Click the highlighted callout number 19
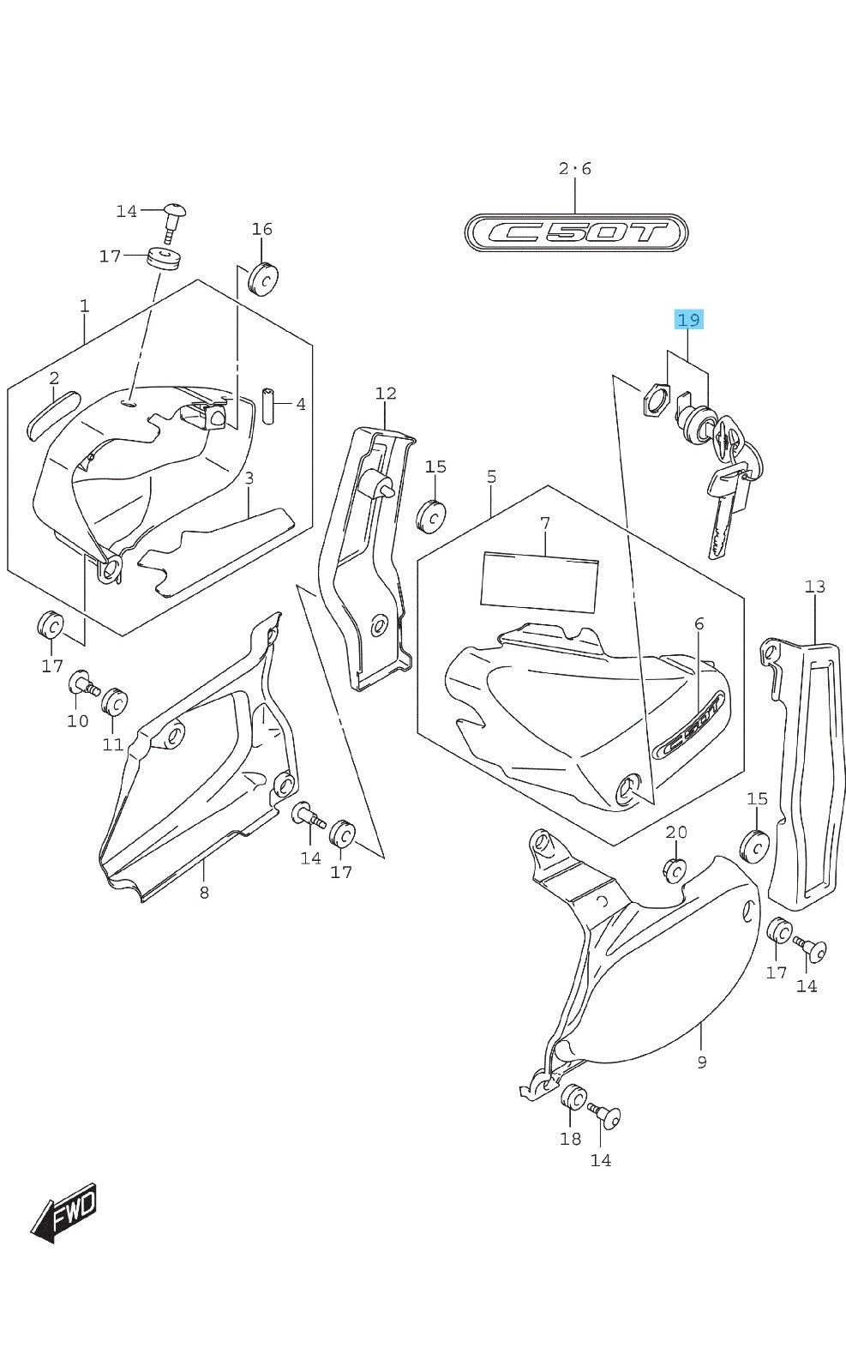[688, 320]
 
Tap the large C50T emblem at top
[575, 232]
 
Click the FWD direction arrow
[65, 1212]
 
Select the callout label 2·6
[575, 169]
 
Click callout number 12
[386, 394]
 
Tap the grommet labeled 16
[263, 279]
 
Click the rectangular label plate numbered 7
[539, 581]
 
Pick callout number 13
[814, 587]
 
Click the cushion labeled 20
[675, 870]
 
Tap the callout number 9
[701, 1062]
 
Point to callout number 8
[204, 893]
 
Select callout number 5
[491, 476]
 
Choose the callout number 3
[249, 478]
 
